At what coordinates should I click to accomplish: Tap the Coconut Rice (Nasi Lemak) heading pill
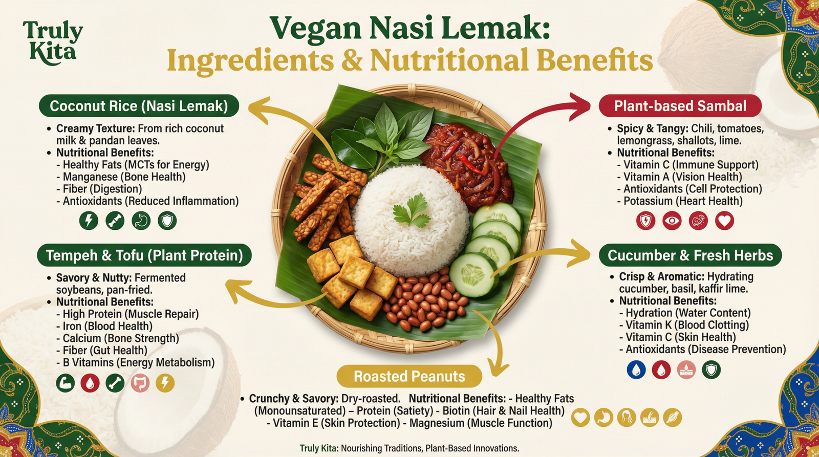(x=139, y=106)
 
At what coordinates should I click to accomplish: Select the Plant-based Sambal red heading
(x=680, y=106)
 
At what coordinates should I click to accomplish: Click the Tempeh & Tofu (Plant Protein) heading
(x=144, y=255)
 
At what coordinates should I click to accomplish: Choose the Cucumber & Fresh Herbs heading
(x=690, y=255)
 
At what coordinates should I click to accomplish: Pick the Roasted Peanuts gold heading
(x=409, y=377)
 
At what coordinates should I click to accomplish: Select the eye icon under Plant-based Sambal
(x=672, y=221)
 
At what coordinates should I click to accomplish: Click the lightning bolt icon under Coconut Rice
(x=89, y=221)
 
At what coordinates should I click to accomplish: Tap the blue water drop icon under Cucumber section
(x=636, y=369)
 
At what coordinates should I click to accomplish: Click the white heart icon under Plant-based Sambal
(x=724, y=221)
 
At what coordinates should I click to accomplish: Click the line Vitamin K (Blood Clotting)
(x=687, y=325)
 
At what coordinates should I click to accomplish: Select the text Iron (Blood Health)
(x=107, y=327)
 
